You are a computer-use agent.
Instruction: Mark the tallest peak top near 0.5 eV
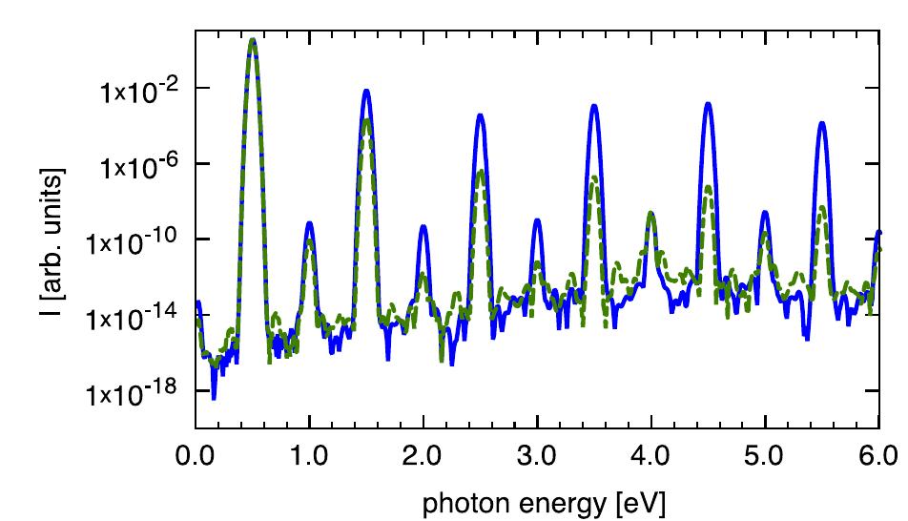(x=252, y=40)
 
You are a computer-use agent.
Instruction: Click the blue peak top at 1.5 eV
(x=365, y=91)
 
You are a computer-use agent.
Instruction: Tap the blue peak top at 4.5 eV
(x=708, y=103)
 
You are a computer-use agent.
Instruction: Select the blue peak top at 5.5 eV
(x=821, y=122)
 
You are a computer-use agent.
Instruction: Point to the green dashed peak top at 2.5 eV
(x=481, y=172)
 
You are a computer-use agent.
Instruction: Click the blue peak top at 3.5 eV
(x=593, y=105)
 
